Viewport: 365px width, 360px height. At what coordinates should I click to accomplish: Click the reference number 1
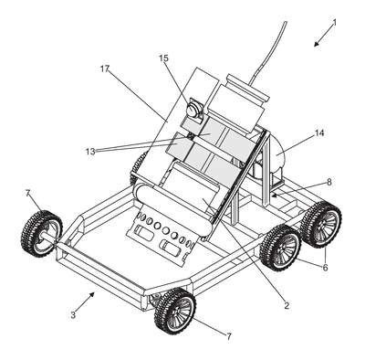pos(335,23)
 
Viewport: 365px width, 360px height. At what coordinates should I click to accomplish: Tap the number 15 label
pos(163,58)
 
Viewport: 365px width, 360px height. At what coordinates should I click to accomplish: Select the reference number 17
pos(105,69)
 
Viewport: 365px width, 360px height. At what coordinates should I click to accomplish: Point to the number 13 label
pos(90,152)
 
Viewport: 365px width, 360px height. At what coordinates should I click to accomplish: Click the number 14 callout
pos(319,133)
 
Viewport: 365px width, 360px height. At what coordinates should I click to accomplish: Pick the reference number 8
pos(328,183)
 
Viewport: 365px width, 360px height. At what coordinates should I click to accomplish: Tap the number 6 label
pos(325,268)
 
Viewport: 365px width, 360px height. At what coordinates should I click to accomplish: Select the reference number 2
pos(287,305)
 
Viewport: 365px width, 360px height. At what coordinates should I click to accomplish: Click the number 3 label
pos(73,315)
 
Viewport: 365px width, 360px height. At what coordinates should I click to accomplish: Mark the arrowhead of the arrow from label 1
pos(317,44)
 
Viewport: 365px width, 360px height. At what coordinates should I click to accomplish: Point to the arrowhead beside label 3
pos(92,295)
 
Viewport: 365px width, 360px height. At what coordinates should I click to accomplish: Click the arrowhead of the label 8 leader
pos(274,195)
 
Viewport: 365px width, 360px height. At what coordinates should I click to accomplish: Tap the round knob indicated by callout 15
pos(194,108)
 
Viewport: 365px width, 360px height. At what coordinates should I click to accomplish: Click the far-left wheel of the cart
pos(41,234)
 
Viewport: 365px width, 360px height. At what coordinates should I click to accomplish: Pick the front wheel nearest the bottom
pos(175,311)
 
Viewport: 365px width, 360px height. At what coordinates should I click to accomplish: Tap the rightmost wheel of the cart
pos(322,225)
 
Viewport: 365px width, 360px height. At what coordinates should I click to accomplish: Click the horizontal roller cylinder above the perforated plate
pos(173,213)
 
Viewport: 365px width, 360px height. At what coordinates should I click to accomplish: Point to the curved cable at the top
pos(267,52)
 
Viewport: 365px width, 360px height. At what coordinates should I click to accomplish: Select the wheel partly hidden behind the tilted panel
pos(139,167)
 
